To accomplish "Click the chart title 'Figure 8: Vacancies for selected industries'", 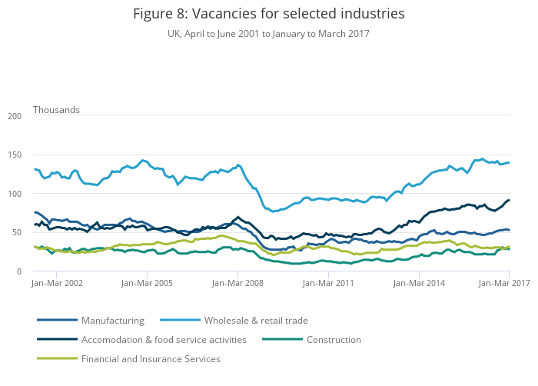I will click(x=269, y=14).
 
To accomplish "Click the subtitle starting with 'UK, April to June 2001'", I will click(x=269, y=34).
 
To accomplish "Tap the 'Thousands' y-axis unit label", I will click(x=56, y=110).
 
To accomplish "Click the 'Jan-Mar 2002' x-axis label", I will click(x=58, y=283).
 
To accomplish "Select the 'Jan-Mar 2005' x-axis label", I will click(x=148, y=283).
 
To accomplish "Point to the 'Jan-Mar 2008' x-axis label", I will click(x=238, y=283).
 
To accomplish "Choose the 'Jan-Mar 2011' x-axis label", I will click(x=328, y=283).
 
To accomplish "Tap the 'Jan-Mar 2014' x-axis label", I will click(x=419, y=283).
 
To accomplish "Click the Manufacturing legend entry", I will click(x=112, y=320).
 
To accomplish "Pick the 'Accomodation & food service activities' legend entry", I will click(x=164, y=339).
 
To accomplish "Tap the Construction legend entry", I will click(x=334, y=339).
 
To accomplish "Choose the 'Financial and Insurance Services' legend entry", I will click(x=151, y=358).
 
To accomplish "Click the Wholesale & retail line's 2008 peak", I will click(x=238, y=165).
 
